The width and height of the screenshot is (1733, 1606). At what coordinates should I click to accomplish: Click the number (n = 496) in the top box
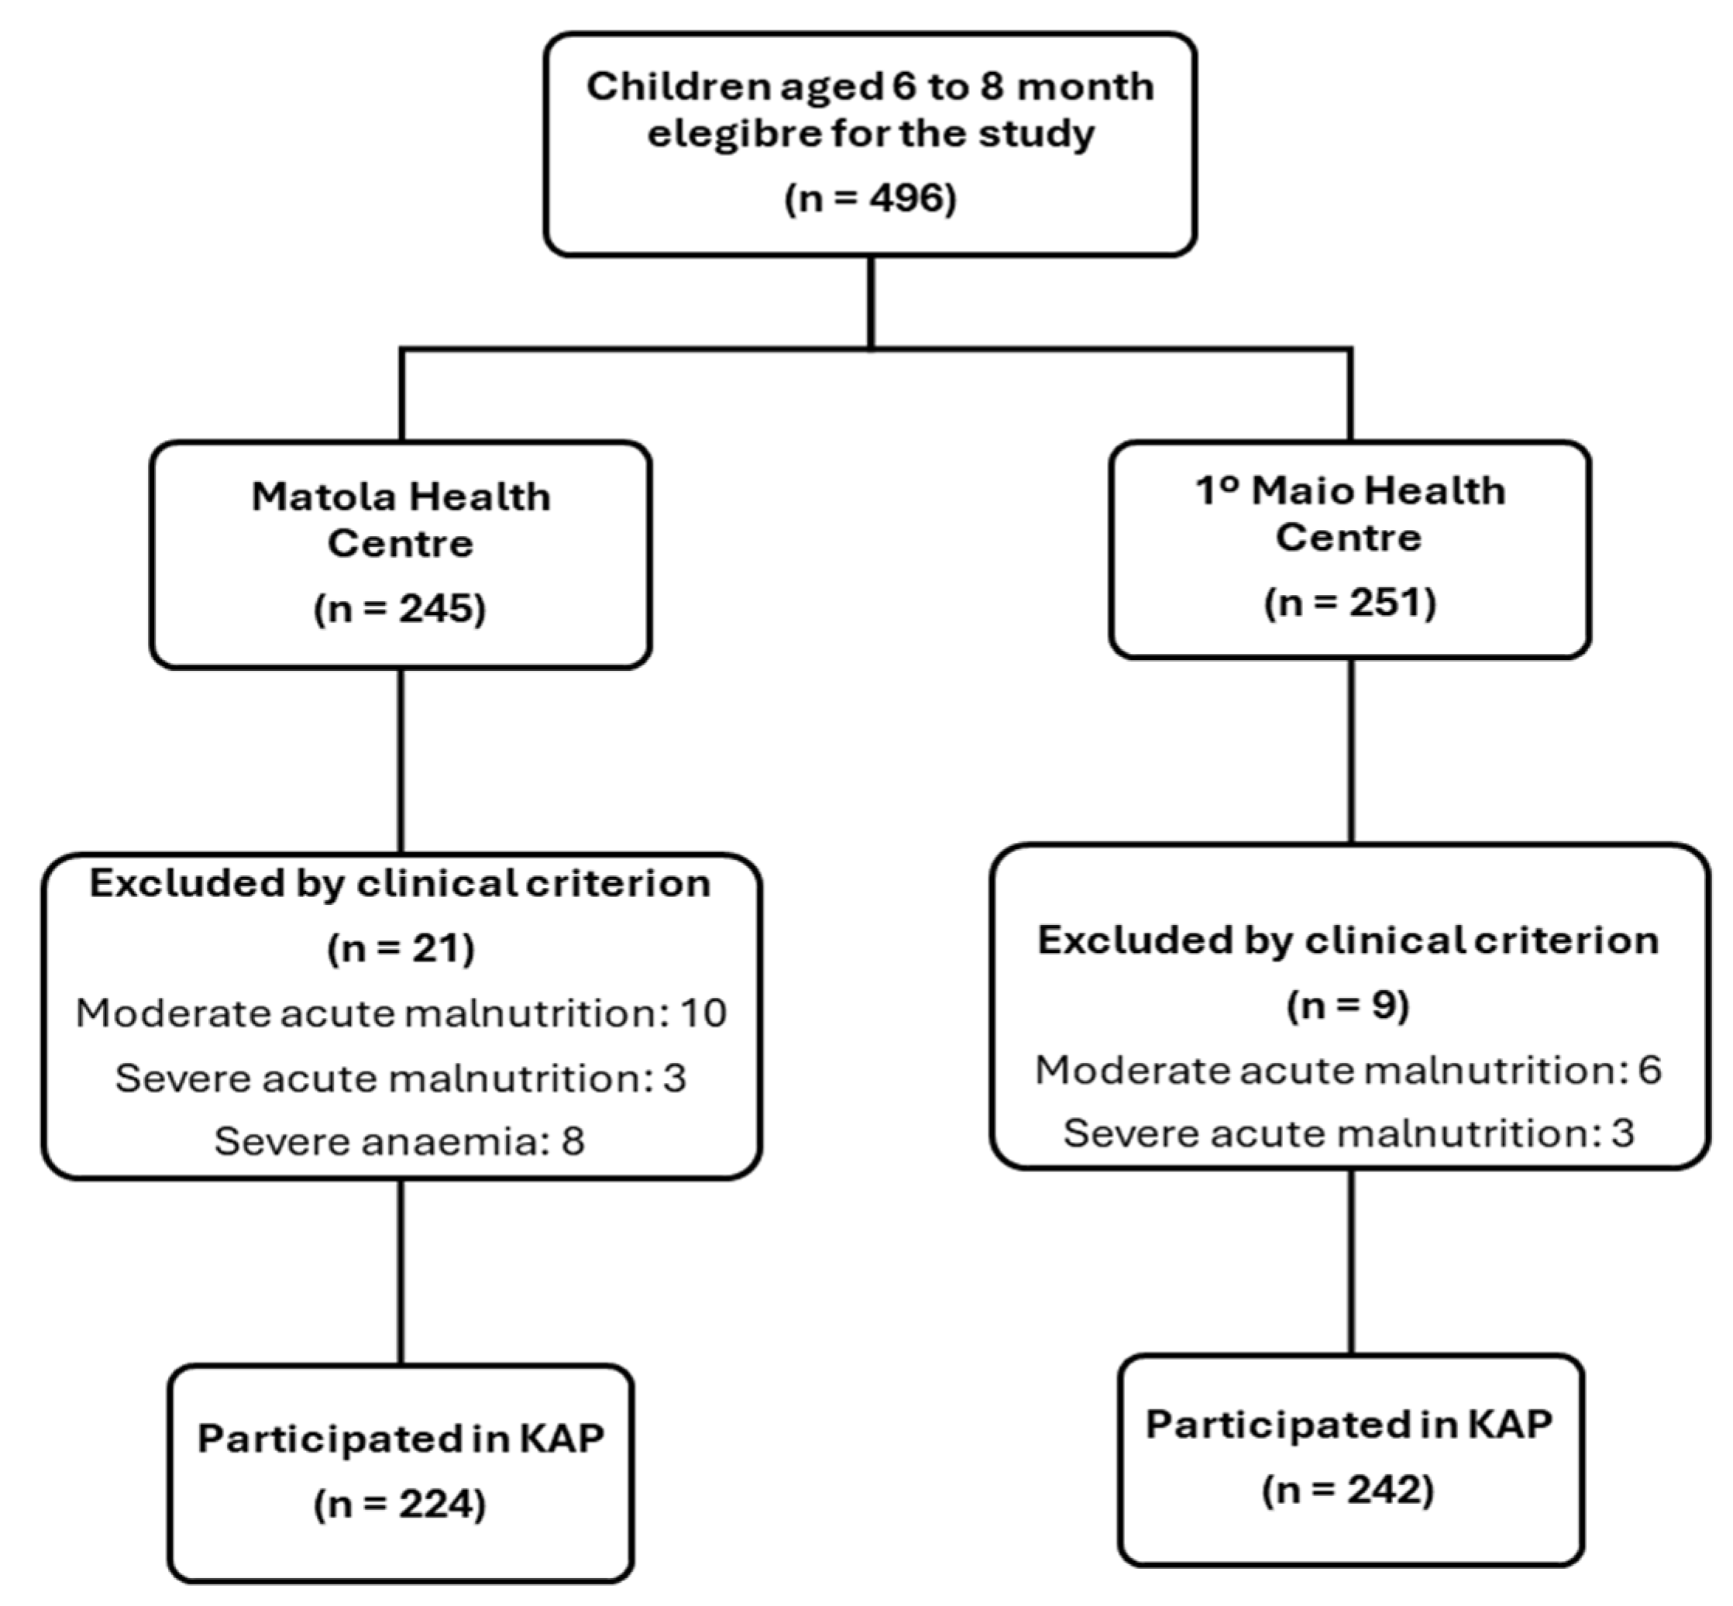[870, 198]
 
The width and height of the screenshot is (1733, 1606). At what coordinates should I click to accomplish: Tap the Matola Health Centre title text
[401, 520]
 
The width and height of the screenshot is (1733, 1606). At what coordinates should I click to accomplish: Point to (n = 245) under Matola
[400, 607]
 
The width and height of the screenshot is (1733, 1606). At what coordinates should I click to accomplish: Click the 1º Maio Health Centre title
[1349, 514]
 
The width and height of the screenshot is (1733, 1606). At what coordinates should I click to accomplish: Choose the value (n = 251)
[1350, 602]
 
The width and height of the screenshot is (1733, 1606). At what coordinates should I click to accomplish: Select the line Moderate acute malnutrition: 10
[401, 1013]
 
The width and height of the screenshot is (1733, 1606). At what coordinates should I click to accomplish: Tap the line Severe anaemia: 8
[400, 1140]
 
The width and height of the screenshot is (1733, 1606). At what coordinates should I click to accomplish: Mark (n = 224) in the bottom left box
[400, 1504]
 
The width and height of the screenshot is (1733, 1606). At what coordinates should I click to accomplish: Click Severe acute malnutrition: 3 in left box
[401, 1078]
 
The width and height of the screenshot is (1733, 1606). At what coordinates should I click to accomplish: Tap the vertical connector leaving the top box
[871, 302]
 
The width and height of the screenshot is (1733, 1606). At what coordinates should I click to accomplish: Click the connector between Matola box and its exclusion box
[401, 761]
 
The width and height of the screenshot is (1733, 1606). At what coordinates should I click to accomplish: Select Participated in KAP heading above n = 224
[401, 1439]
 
